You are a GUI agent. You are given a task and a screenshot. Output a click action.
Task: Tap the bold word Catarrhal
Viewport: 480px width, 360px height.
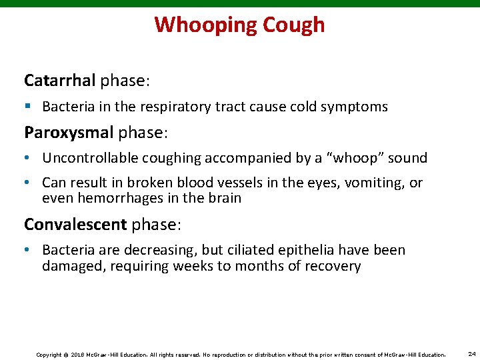[x=60, y=81]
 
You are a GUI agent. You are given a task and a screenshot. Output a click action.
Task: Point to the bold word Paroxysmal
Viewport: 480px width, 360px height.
[x=69, y=132]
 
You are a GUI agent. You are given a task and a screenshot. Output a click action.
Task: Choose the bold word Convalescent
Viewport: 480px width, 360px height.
[x=75, y=224]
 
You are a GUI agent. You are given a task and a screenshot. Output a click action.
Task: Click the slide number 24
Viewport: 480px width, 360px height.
[x=471, y=353]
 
